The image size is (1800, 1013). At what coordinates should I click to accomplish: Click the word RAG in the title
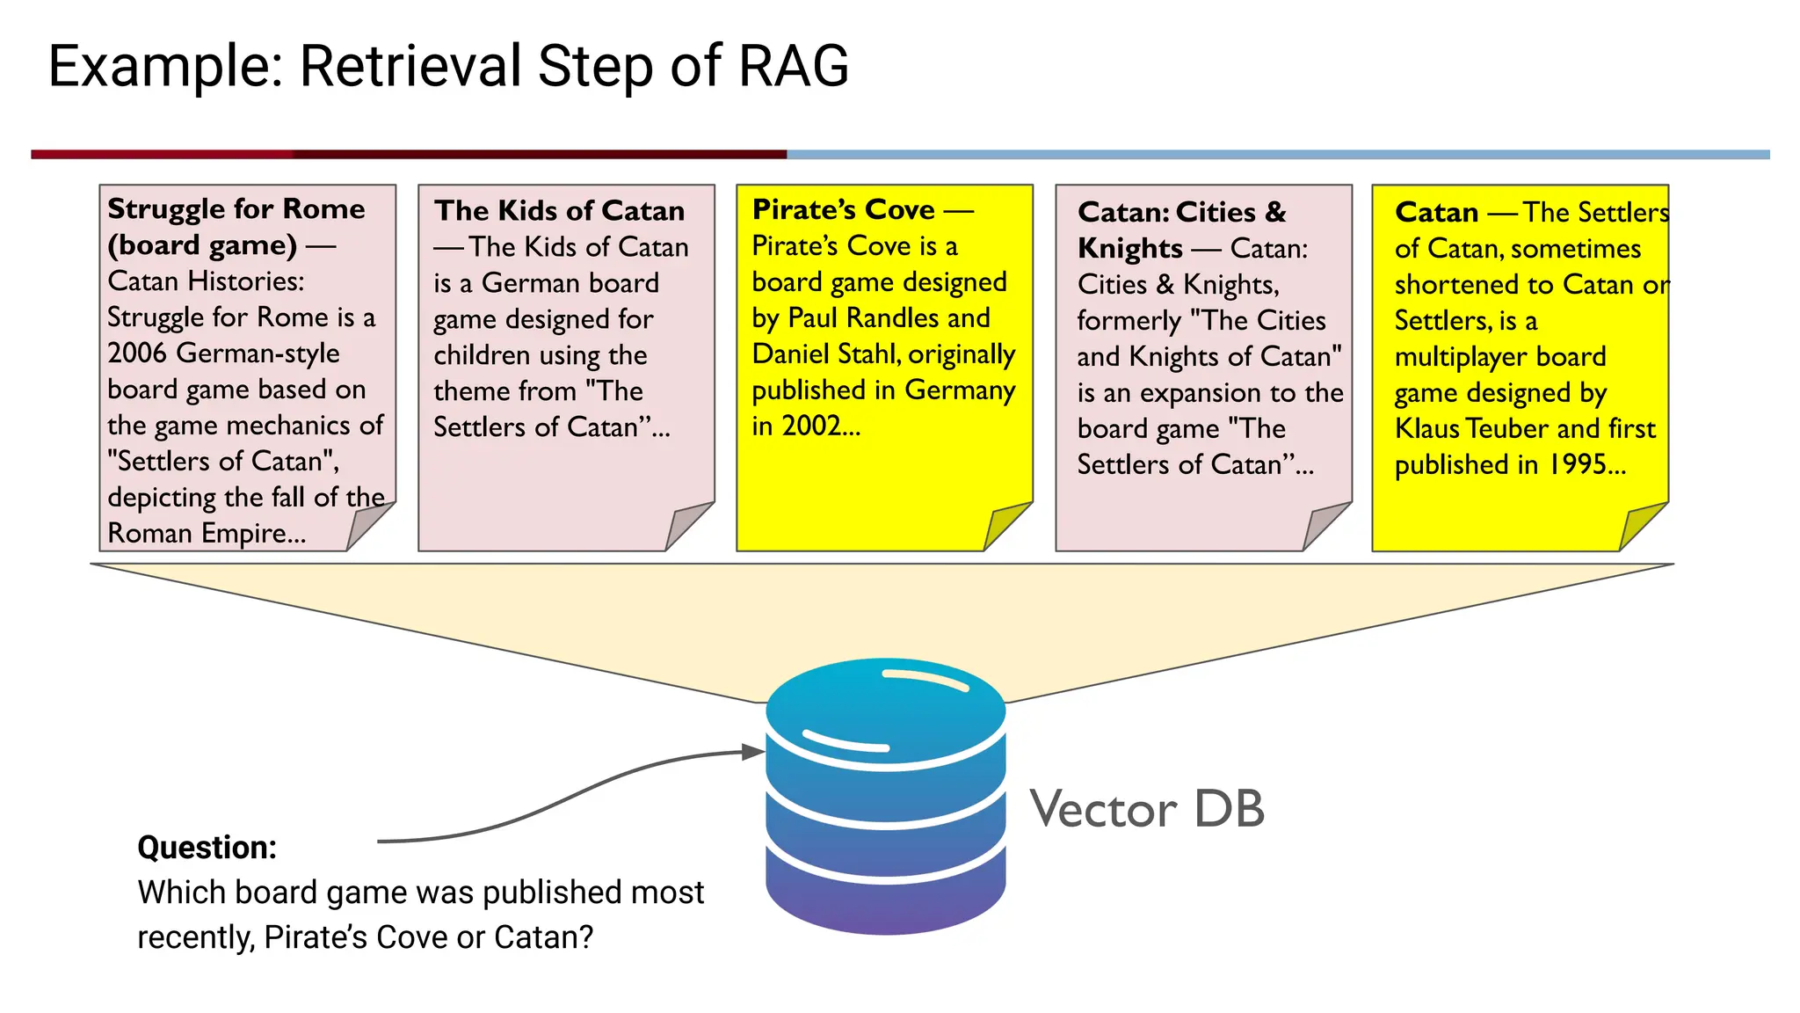click(794, 67)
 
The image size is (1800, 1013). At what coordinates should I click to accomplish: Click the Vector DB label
click(1147, 809)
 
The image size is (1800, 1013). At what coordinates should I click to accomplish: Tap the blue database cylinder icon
click(885, 796)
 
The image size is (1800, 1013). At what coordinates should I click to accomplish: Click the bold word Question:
click(207, 848)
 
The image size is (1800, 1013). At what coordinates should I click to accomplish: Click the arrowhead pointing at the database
click(753, 752)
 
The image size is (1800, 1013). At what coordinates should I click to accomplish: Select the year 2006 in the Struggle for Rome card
click(137, 353)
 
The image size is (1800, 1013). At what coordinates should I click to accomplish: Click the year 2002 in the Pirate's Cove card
click(811, 426)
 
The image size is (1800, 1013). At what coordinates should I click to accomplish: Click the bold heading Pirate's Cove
click(844, 209)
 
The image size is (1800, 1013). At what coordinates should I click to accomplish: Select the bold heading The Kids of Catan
click(560, 211)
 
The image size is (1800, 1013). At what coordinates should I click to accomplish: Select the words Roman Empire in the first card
click(206, 534)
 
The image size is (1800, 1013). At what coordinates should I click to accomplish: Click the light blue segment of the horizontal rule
click(1274, 155)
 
